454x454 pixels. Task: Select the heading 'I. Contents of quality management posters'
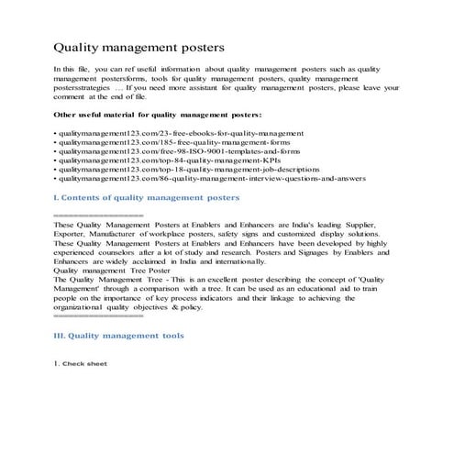148,197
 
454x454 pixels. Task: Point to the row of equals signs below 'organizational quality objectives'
99,316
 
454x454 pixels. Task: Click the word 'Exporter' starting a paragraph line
72,234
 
